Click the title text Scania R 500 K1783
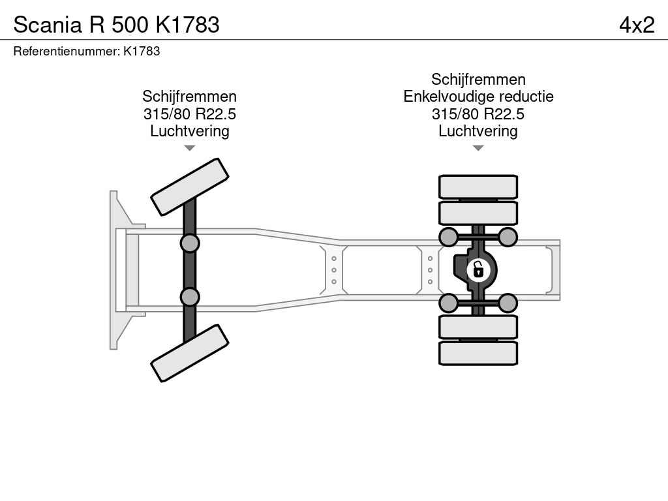pyautogui.click(x=116, y=25)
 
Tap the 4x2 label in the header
pyautogui.click(x=636, y=25)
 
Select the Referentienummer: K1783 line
pyautogui.click(x=87, y=51)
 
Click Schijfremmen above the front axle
pyautogui.click(x=189, y=97)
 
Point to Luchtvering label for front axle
pyautogui.click(x=189, y=131)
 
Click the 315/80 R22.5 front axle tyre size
pyautogui.click(x=189, y=114)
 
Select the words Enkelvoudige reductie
pyautogui.click(x=478, y=97)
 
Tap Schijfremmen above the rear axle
pyautogui.click(x=478, y=80)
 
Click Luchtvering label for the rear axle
pyautogui.click(x=478, y=131)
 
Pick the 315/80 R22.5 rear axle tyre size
pyautogui.click(x=478, y=114)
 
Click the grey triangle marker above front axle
pyautogui.click(x=189, y=148)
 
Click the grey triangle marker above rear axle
pyautogui.click(x=478, y=148)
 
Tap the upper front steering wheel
pyautogui.click(x=189, y=187)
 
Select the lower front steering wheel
pyautogui.click(x=189, y=353)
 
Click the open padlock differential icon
pyautogui.click(x=478, y=269)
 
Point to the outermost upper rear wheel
pyautogui.click(x=478, y=187)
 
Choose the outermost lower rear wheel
pyautogui.click(x=478, y=352)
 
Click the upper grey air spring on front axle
pyautogui.click(x=189, y=243)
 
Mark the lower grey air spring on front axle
pyautogui.click(x=189, y=297)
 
